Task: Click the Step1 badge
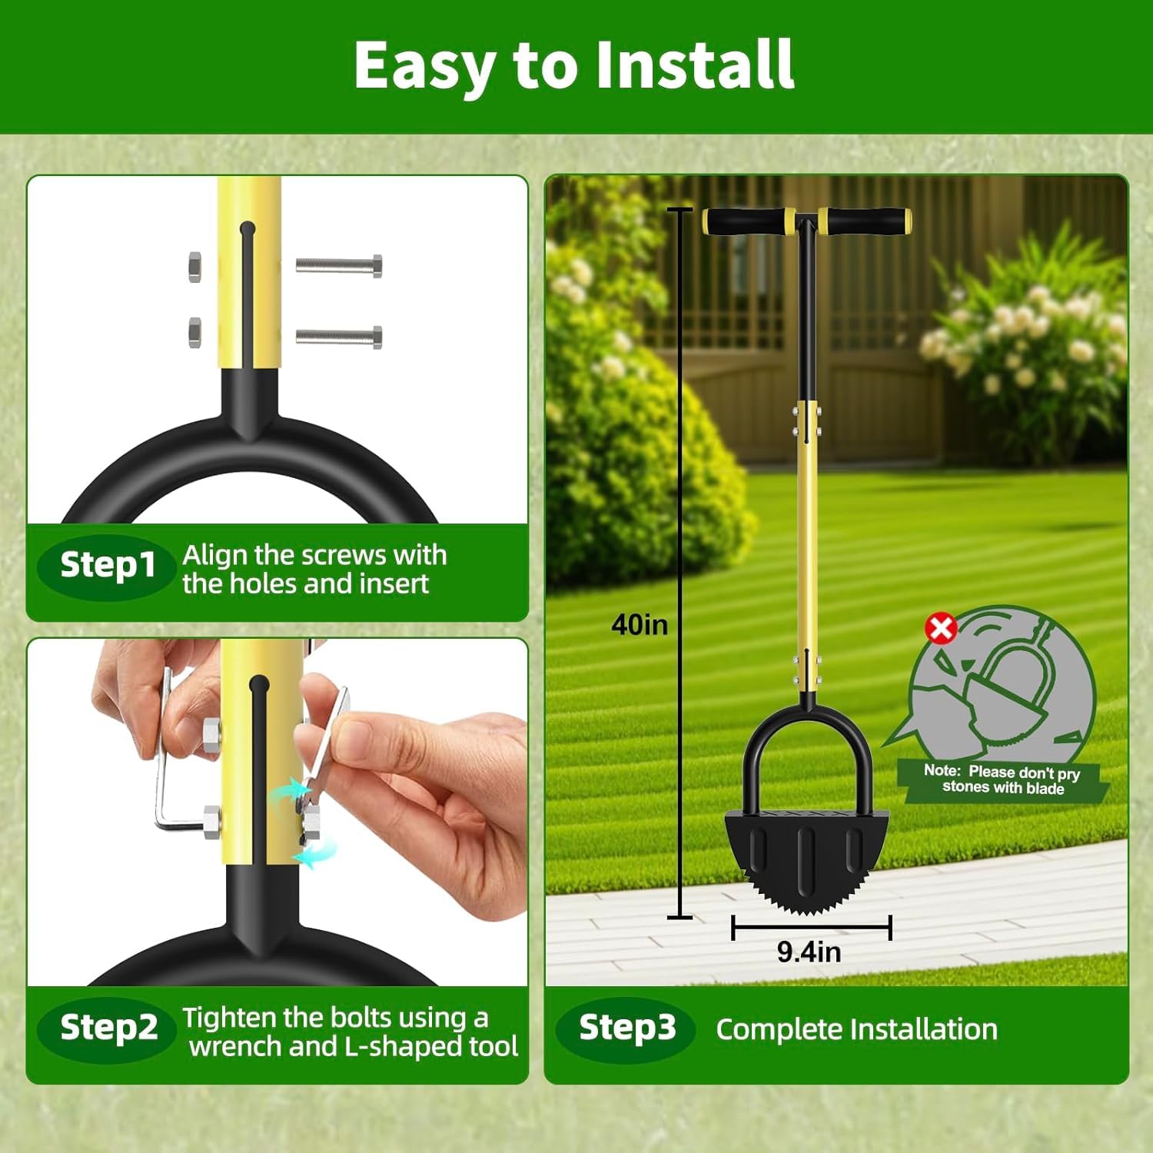[108, 566]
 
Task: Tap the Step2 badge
[108, 1028]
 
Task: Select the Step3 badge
[626, 1028]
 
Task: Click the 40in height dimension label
[640, 625]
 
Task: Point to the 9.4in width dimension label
[809, 952]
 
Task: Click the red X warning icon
[941, 628]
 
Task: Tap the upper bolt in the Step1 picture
[339, 266]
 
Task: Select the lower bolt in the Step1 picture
[339, 337]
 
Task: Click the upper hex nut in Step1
[195, 267]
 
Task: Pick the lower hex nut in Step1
[195, 332]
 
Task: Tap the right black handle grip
[866, 221]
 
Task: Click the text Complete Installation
[856, 1030]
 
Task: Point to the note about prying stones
[1003, 779]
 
